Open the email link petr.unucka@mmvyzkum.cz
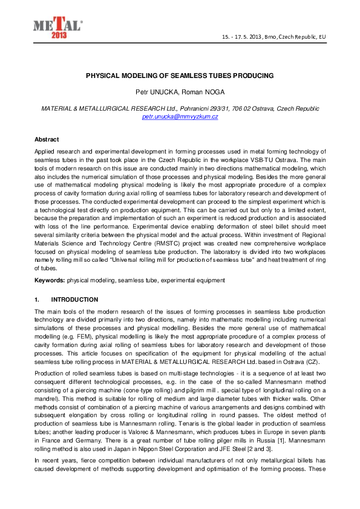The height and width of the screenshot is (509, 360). tap(180, 116)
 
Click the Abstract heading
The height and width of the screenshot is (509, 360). tap(46, 139)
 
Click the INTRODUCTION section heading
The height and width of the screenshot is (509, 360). tap(75, 299)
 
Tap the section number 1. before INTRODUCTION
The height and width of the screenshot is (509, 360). tap(37, 299)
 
